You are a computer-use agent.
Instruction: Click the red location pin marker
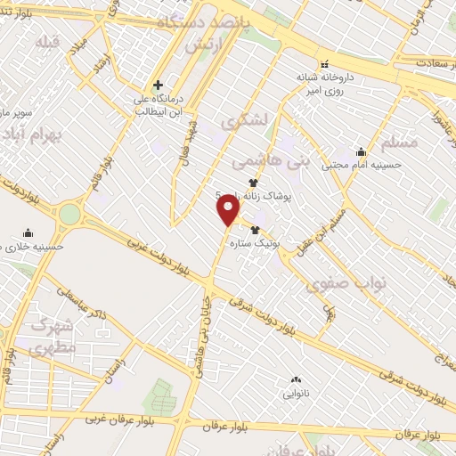coord(229,209)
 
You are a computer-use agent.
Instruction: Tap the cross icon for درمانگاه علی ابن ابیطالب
coord(158,85)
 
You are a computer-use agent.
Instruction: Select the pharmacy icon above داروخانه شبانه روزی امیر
coord(324,63)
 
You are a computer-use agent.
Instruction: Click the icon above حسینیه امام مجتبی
coord(361,151)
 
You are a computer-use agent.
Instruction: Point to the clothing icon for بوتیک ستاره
coord(256,230)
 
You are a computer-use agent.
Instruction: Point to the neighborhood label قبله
coord(47,42)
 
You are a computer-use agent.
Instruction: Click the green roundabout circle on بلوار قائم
coord(69,214)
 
